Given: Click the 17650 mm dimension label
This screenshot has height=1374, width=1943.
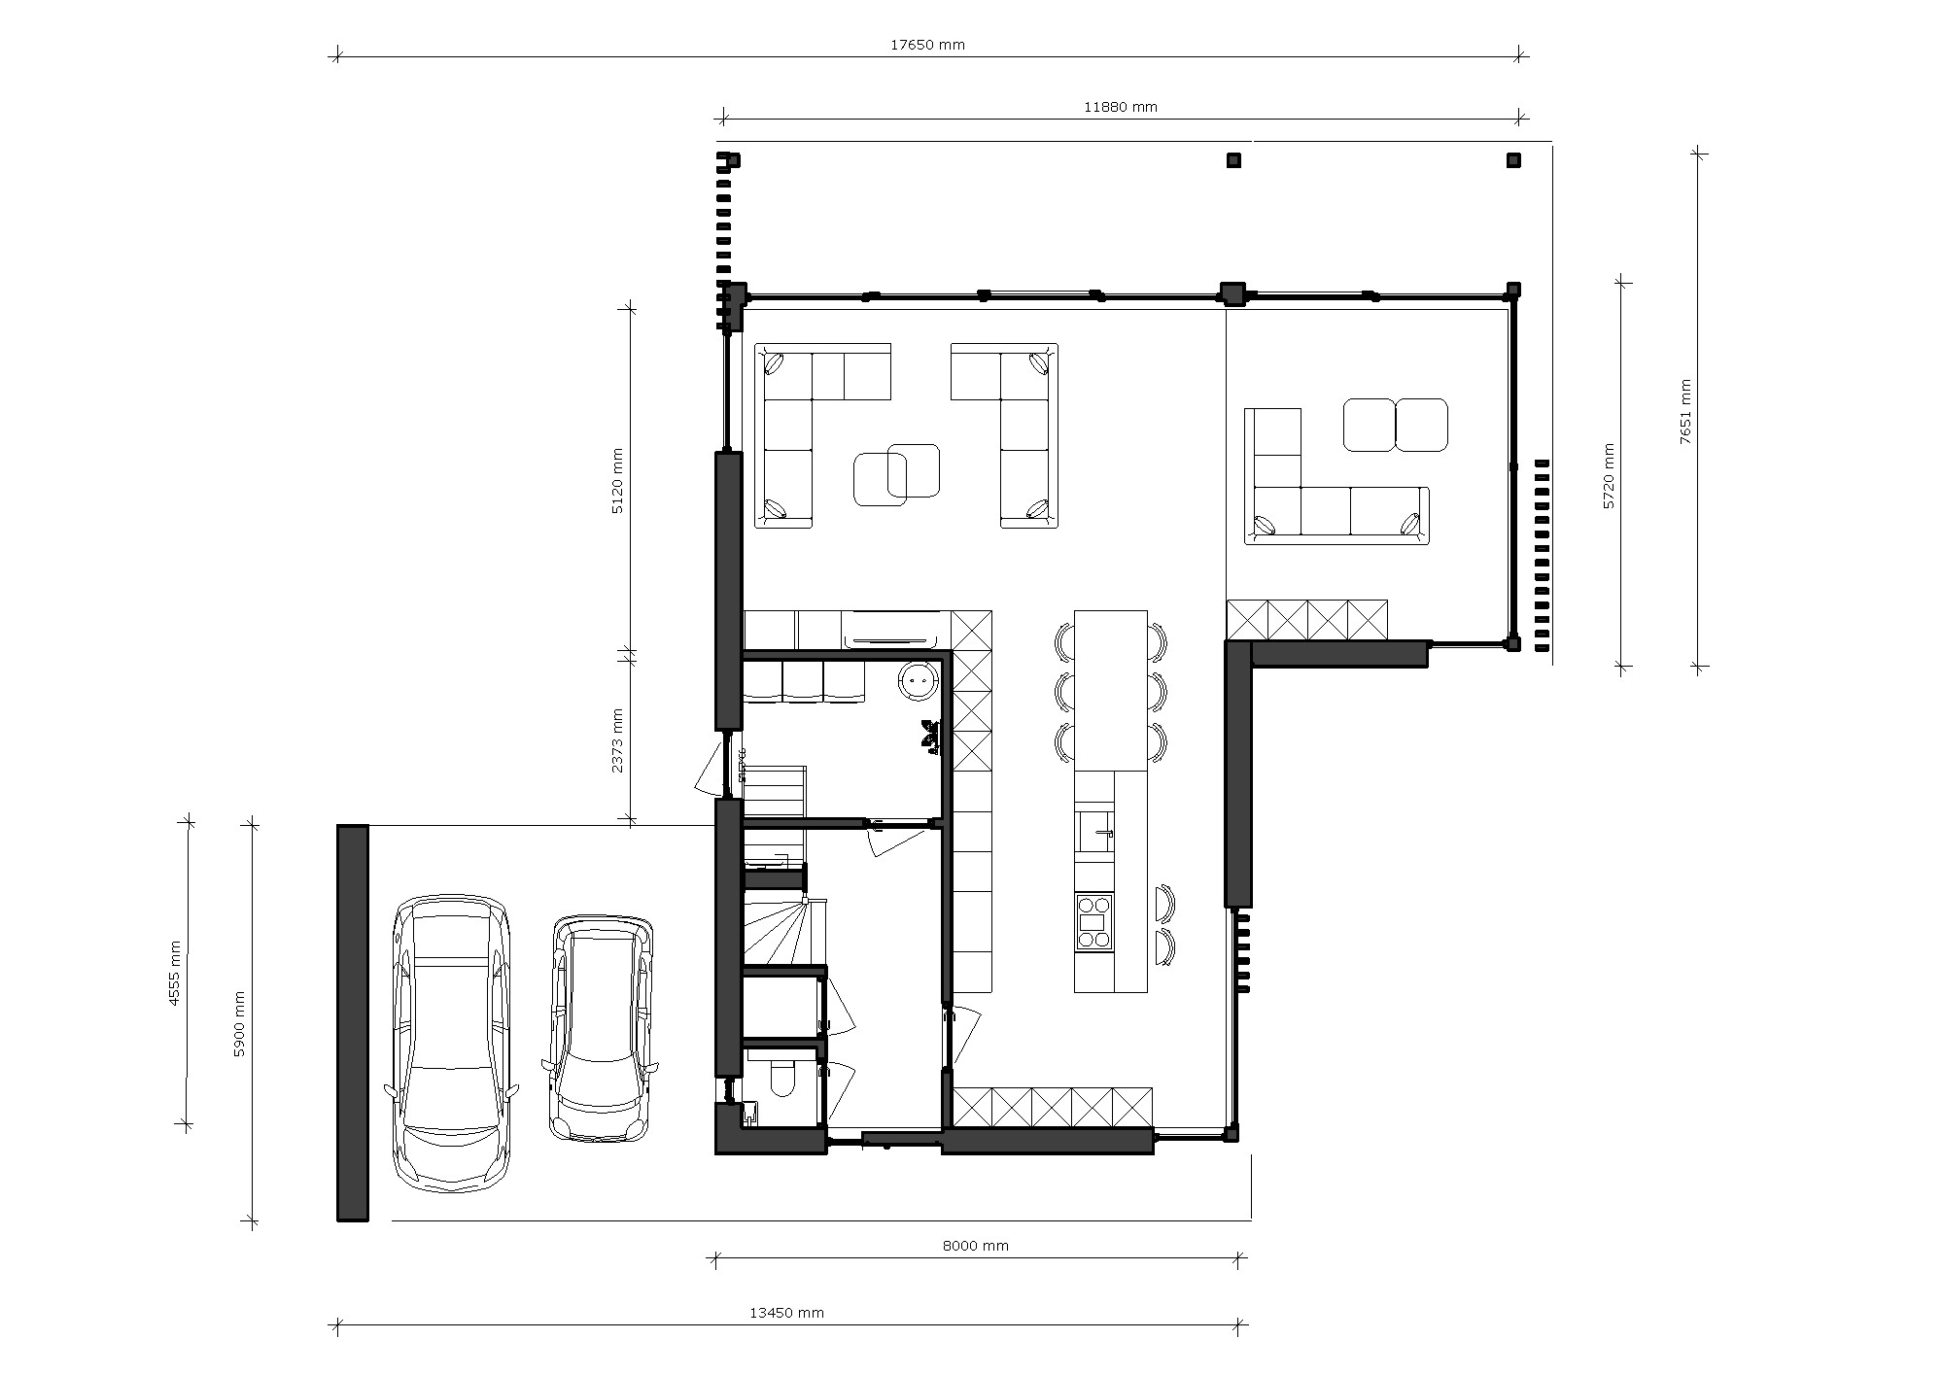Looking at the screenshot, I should pos(927,45).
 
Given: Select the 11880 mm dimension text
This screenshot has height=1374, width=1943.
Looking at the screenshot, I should pos(1120,107).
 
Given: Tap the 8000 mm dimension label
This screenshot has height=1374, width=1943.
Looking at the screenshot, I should pos(975,1246).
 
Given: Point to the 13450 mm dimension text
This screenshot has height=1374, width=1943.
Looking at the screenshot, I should pos(786,1313).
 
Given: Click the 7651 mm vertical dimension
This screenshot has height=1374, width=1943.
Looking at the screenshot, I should pos(1684,411).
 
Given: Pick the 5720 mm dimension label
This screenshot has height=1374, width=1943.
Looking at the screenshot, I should pos(1608,476).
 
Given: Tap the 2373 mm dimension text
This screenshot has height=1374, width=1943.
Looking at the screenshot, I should pos(617,740).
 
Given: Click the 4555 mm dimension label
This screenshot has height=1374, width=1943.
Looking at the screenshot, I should pos(175,973).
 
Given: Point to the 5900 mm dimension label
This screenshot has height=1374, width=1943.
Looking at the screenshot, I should pos(239,1023).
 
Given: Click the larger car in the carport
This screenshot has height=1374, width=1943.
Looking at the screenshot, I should pos(452,1042).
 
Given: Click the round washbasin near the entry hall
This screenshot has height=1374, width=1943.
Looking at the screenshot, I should pos(917,680).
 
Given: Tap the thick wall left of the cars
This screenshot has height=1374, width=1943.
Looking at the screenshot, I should pos(353,1022).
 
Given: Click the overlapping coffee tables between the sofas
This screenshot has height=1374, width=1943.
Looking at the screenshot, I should pos(896,474).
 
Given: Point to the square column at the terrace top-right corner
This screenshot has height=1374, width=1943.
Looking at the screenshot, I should pos(1512,160).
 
